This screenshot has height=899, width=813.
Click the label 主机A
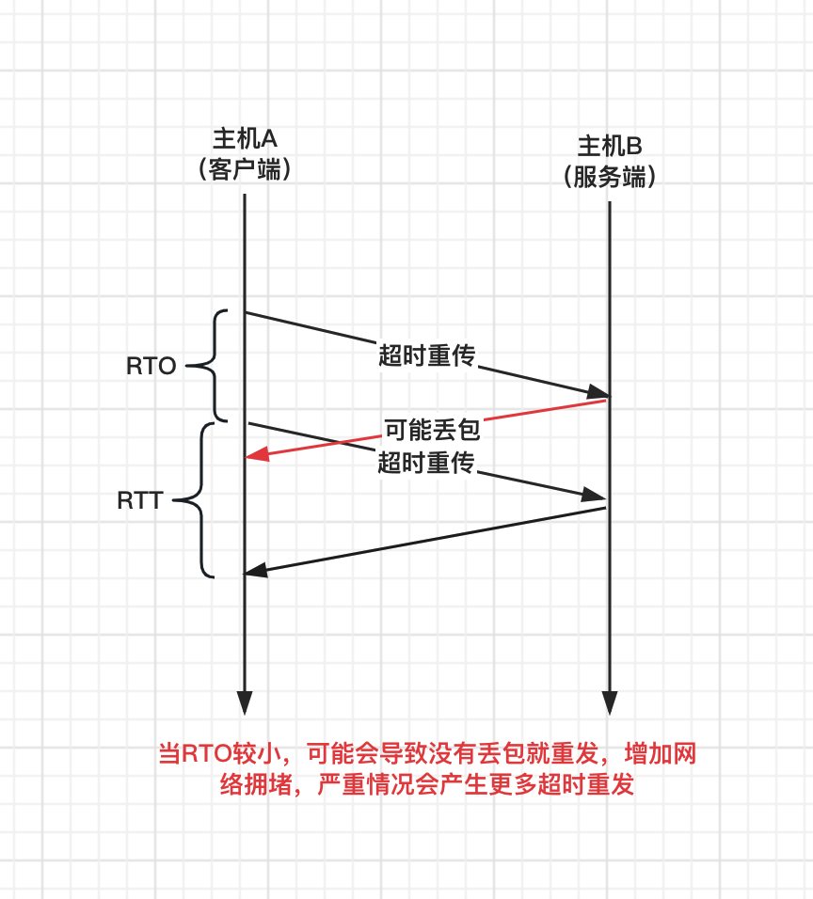[x=244, y=139]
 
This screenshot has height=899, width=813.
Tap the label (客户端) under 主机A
[x=244, y=169]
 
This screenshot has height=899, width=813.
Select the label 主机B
[x=609, y=146]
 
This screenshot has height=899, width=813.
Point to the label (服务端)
[x=609, y=176]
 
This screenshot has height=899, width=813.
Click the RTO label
[x=151, y=367]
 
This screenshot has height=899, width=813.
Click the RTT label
[x=140, y=500]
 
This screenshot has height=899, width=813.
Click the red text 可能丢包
[x=432, y=431]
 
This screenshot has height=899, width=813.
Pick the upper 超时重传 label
[x=426, y=355]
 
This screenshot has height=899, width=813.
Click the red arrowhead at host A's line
[x=255, y=455]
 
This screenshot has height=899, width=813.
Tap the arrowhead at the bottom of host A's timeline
[x=245, y=702]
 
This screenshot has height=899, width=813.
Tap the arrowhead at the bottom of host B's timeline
[x=610, y=702]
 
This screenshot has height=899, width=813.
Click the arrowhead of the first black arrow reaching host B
[x=598, y=393]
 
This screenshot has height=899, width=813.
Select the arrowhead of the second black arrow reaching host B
[x=595, y=495]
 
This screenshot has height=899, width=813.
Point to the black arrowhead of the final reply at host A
[x=255, y=570]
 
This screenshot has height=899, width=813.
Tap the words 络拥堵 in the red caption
[x=252, y=785]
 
